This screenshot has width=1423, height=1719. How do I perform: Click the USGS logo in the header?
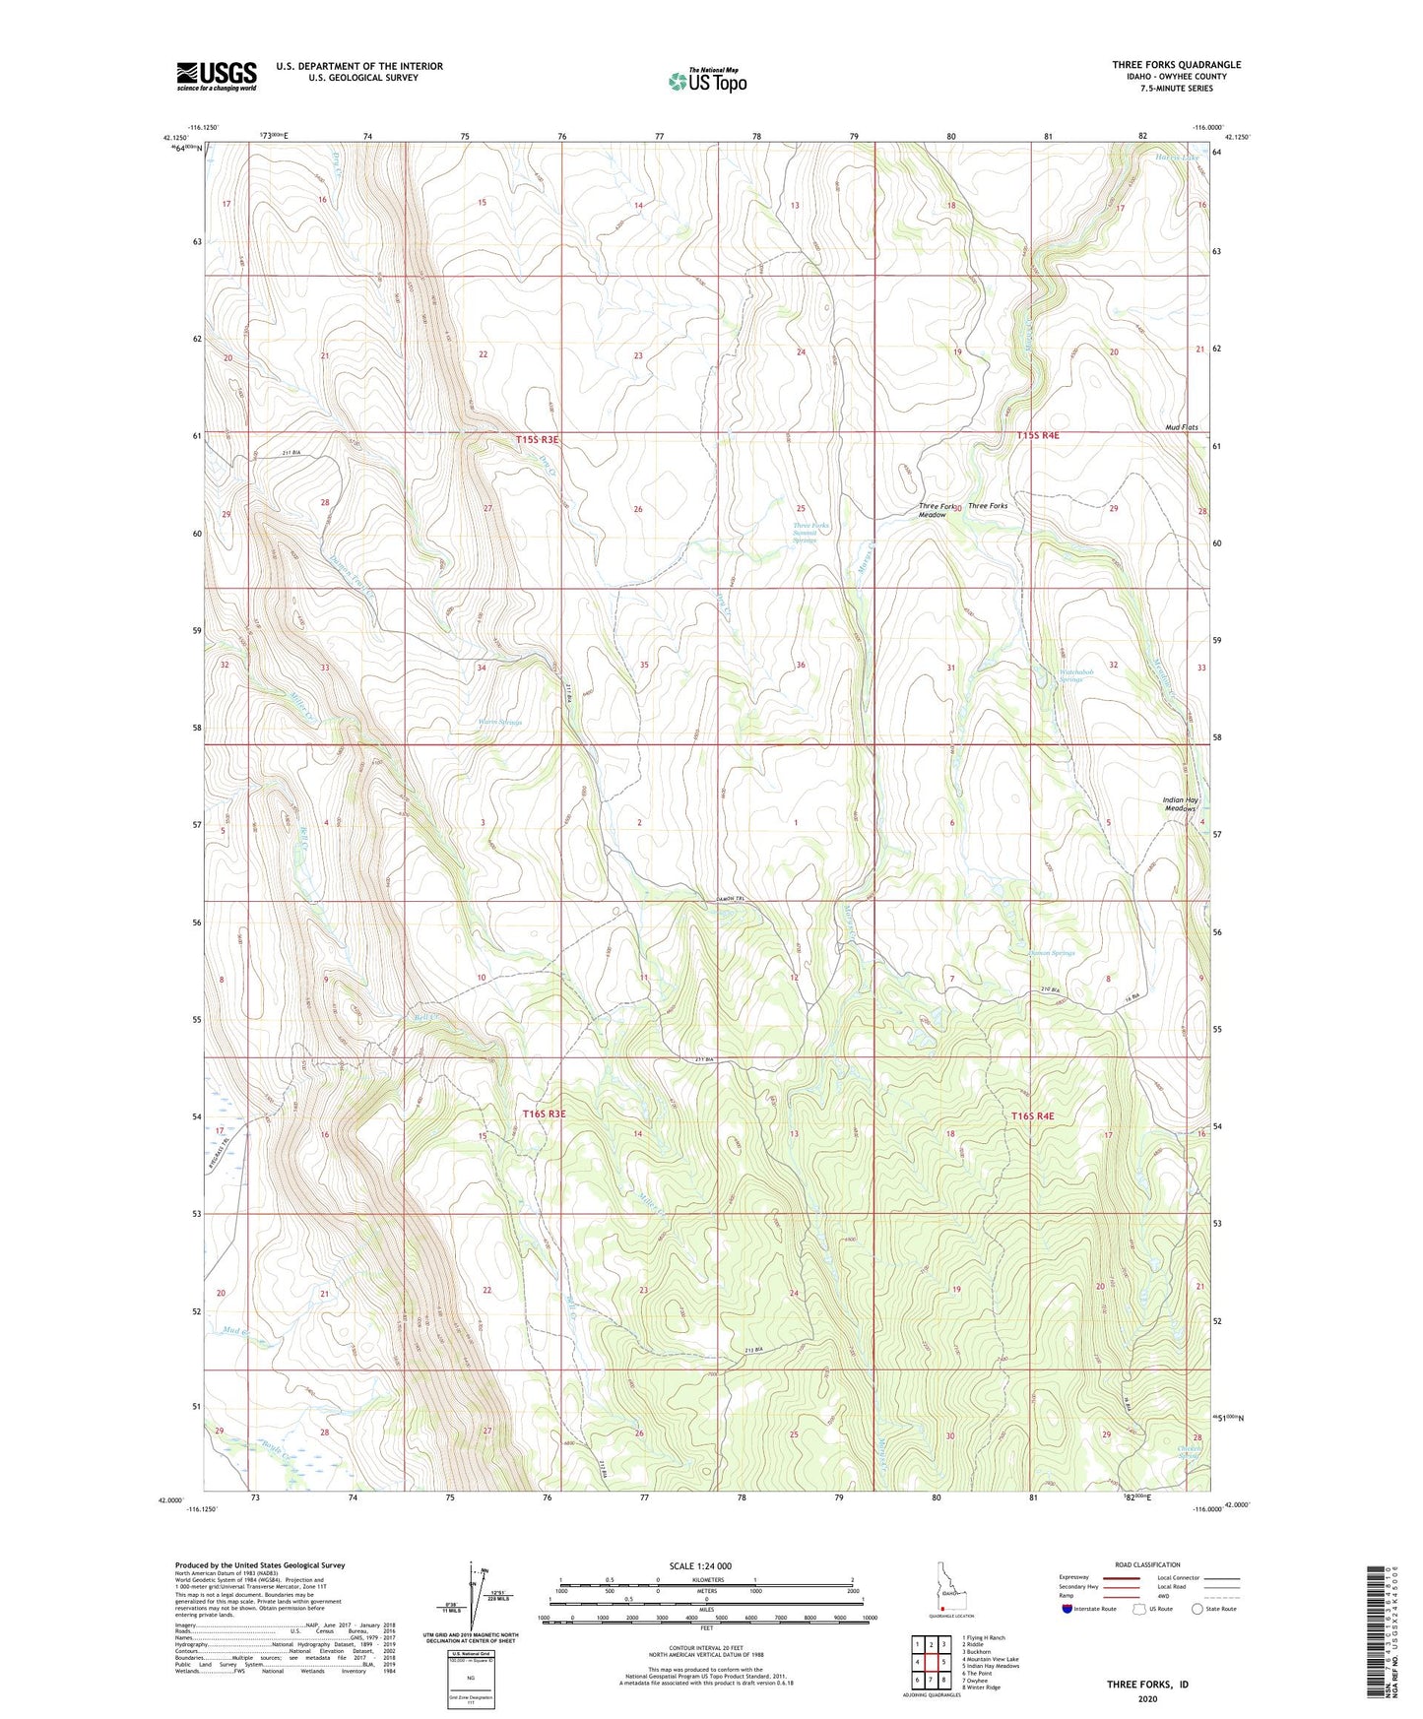click(x=216, y=76)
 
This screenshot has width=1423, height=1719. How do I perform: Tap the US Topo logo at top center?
click(x=706, y=81)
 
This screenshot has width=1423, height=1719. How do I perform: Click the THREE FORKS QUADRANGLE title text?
click(x=1176, y=65)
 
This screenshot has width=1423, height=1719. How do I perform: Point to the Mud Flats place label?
click(x=1181, y=427)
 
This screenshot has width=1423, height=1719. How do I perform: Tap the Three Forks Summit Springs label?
click(x=810, y=533)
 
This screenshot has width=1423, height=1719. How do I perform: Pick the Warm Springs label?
click(x=499, y=722)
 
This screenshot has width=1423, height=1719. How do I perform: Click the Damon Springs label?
click(x=1051, y=953)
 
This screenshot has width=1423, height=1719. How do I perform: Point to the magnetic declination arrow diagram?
click(x=478, y=1600)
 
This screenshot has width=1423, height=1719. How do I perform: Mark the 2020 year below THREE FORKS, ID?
click(x=1147, y=1699)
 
